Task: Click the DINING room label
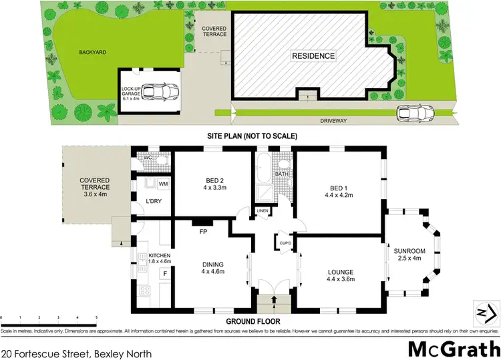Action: pyautogui.click(x=213, y=268)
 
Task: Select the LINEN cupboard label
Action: pyautogui.click(x=262, y=212)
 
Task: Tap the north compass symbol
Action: pyautogui.click(x=486, y=312)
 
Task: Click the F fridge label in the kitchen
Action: pyautogui.click(x=165, y=273)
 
